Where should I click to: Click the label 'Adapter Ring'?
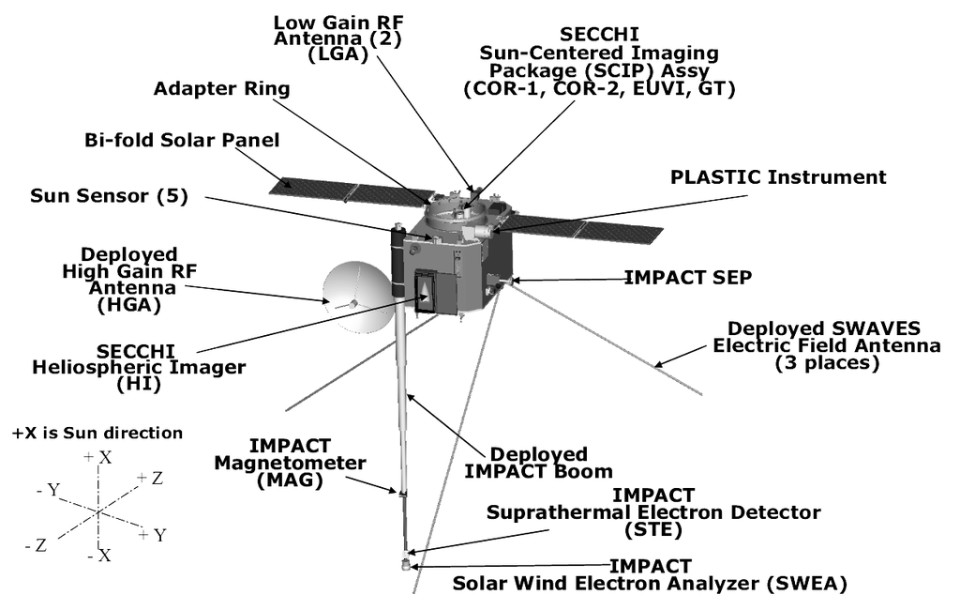tap(221, 89)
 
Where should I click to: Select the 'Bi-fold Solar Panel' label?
tap(181, 141)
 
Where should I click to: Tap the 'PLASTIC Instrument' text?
tap(777, 177)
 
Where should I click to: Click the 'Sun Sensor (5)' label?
tap(109, 196)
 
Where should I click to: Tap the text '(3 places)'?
tap(827, 363)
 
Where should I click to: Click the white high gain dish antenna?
tap(353, 297)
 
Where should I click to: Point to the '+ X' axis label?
tap(98, 457)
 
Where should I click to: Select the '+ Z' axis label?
tap(150, 479)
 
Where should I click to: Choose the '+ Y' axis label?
tap(153, 535)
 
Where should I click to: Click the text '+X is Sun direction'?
tap(97, 434)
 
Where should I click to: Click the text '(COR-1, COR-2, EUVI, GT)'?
tap(599, 89)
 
